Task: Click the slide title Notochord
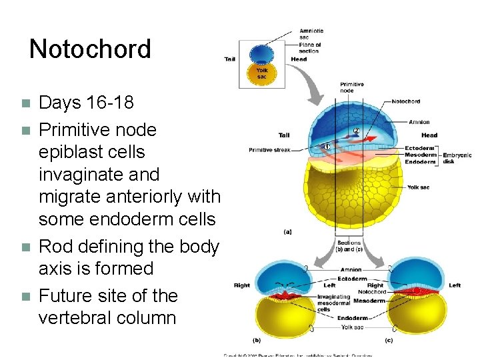pos(90,49)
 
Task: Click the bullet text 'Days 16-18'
pos(86,103)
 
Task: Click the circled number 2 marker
pos(357,131)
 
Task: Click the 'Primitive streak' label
pos(269,150)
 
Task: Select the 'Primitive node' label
pos(352,87)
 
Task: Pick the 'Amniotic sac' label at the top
pos(311,34)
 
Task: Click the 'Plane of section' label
pos(309,48)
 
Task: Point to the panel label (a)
pos(287,232)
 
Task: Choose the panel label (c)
pos(388,341)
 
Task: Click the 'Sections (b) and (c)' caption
pos(349,246)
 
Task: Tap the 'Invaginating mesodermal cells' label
pos(333,303)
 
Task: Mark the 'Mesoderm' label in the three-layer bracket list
pos(421,155)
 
